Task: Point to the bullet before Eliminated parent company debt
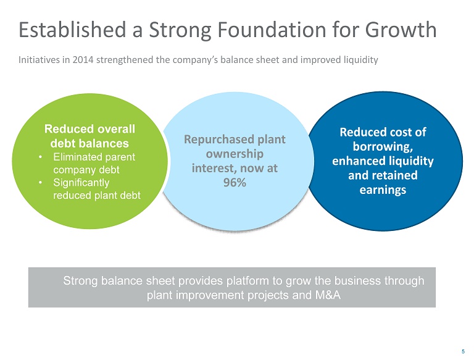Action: coord(39,157)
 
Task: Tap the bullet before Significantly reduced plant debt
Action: coord(39,183)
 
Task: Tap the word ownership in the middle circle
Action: coord(235,153)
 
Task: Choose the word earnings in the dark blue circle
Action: coord(383,190)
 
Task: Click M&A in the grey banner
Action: coord(327,295)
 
